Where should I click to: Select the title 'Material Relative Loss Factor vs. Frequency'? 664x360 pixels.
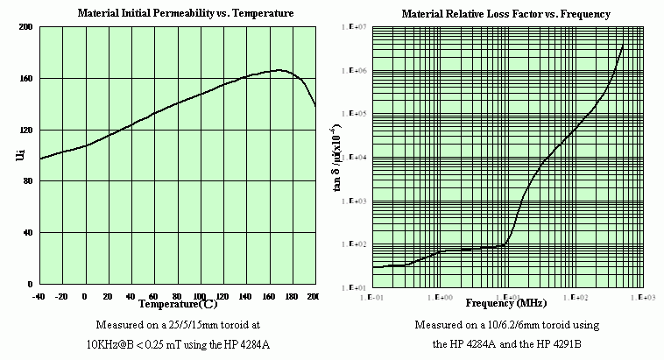click(505, 15)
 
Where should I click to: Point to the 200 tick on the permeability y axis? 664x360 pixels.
click(25, 28)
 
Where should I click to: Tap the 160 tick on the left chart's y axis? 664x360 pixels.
click(25, 79)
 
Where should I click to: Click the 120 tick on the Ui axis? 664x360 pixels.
click(25, 131)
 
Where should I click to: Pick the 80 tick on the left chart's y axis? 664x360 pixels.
click(26, 181)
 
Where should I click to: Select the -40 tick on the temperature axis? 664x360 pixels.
click(39, 296)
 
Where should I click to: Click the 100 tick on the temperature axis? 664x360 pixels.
click(199, 296)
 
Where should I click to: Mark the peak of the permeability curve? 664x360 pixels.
click(279, 70)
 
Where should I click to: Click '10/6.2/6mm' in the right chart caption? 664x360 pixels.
click(500, 326)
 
